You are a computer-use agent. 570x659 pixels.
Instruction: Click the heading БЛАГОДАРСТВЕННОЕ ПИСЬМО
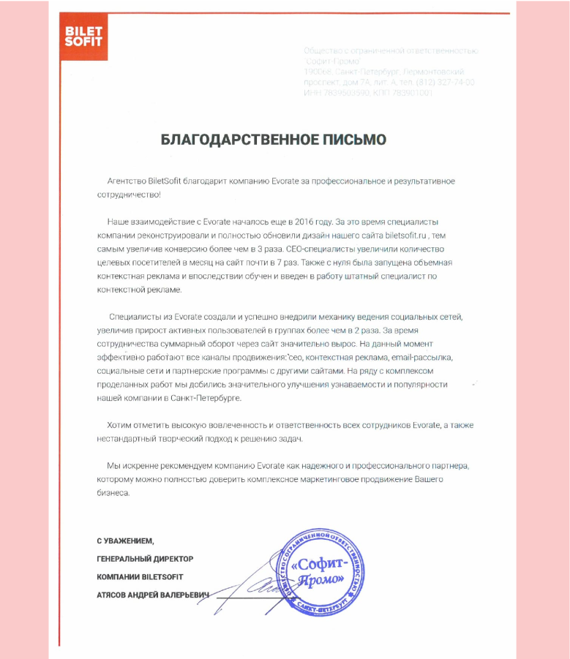pos(273,140)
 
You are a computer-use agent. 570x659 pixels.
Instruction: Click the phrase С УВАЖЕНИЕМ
pos(126,541)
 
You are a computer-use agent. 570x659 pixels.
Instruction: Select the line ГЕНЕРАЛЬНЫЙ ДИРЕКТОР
pos(145,559)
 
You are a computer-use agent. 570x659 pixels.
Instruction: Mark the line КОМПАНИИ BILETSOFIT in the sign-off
pos(139,577)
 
